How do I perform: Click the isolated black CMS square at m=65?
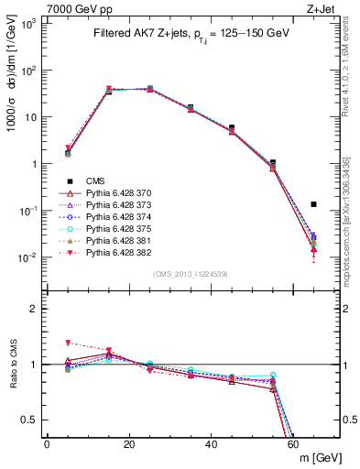click(314, 204)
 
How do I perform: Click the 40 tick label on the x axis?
click(212, 444)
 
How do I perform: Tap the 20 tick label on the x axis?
click(129, 444)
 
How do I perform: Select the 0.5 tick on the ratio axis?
click(33, 420)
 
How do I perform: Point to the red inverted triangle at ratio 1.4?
click(68, 343)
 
